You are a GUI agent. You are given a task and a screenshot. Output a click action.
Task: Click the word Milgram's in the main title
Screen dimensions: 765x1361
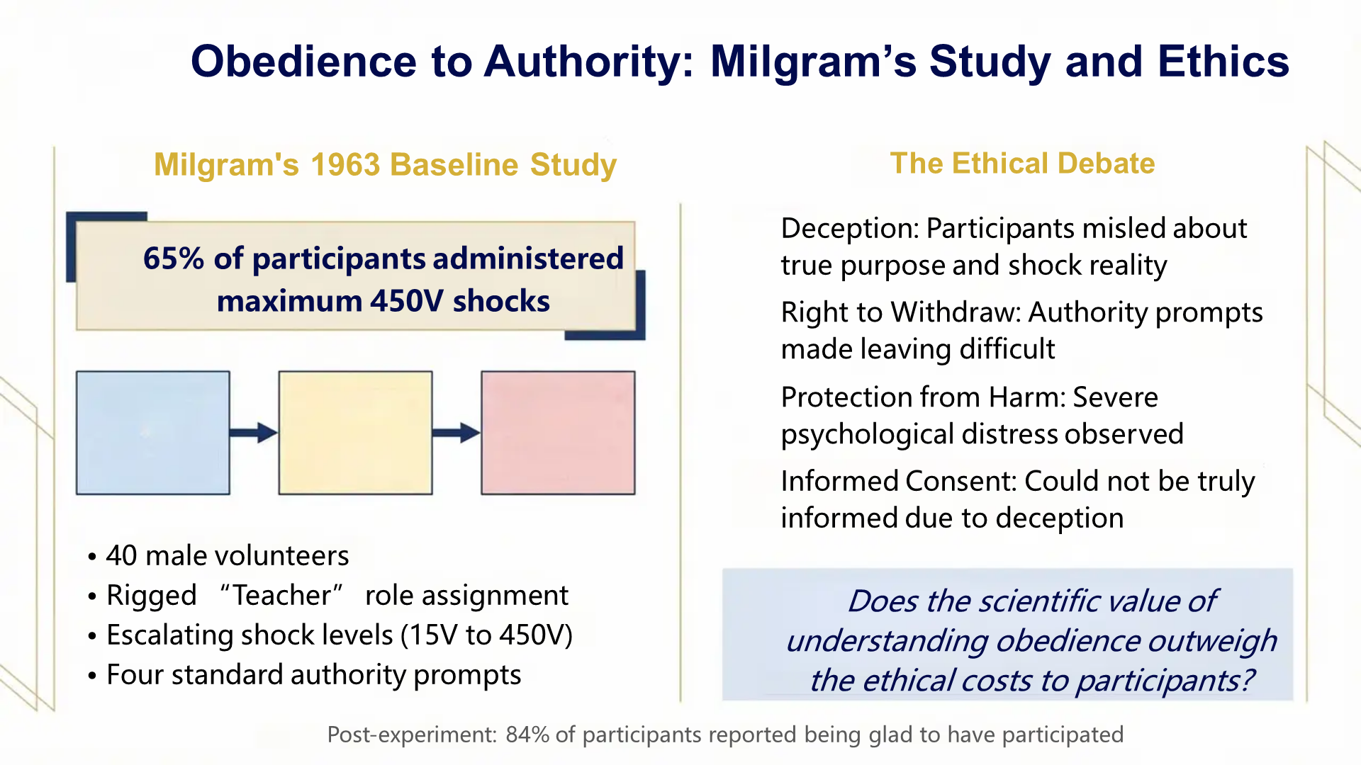(812, 62)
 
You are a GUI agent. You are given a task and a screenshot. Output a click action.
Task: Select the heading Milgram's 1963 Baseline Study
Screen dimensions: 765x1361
(385, 164)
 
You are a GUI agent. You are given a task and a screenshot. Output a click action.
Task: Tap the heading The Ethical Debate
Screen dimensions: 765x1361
(1022, 164)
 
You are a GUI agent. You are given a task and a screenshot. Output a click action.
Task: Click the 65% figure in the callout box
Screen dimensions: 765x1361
(173, 259)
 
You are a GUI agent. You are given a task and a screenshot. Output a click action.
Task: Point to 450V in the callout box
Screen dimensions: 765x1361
(406, 301)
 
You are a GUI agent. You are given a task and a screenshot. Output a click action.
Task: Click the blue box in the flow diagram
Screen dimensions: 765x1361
(153, 432)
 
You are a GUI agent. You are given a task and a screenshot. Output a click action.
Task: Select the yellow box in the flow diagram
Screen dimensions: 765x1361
(355, 432)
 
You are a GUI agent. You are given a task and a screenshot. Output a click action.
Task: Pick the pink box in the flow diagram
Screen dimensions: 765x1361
(558, 432)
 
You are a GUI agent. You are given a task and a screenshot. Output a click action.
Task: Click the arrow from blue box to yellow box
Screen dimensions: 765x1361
(253, 432)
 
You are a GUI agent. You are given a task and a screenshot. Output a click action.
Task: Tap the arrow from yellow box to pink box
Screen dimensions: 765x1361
(456, 432)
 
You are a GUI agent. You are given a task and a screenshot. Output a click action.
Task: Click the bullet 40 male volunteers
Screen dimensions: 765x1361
(227, 556)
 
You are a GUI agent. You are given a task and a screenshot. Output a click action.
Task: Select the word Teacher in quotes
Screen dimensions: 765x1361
(281, 596)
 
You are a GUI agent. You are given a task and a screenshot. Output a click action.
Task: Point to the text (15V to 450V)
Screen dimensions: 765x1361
(486, 635)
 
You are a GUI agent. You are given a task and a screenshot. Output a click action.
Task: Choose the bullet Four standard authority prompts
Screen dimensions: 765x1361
(313, 675)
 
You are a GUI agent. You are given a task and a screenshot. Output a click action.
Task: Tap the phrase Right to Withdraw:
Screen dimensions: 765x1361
(900, 312)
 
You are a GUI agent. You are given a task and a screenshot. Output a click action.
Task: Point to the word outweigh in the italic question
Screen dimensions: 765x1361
(1212, 641)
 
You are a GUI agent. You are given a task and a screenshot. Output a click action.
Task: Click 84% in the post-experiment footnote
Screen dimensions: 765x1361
(527, 735)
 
